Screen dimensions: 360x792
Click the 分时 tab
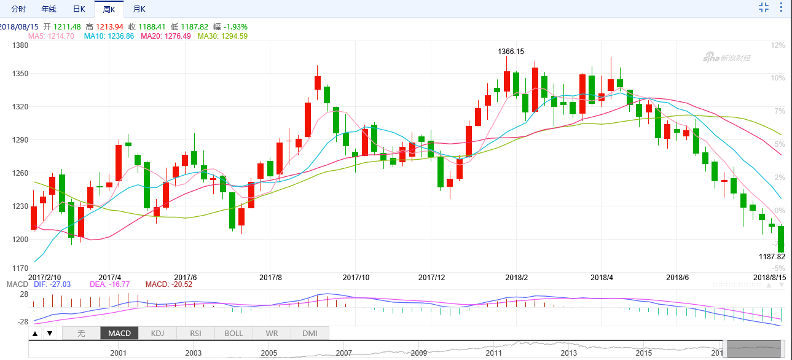click(x=18, y=9)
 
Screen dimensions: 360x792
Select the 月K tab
click(x=139, y=9)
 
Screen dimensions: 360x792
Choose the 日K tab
click(x=79, y=9)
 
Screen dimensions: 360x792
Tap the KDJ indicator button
click(x=158, y=334)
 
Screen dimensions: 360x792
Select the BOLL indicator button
click(x=233, y=334)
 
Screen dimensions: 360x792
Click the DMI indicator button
click(x=310, y=334)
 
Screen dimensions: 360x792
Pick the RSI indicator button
click(x=195, y=334)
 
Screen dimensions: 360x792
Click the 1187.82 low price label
click(x=772, y=256)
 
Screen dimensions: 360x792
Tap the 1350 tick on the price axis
click(x=20, y=74)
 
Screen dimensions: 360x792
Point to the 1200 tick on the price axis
click(x=20, y=240)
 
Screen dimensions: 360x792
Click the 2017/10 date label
click(x=355, y=278)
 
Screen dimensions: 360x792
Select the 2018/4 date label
click(x=602, y=278)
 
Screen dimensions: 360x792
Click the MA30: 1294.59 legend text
click(x=222, y=36)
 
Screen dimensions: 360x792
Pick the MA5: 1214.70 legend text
click(x=51, y=36)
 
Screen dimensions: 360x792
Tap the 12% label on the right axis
click(x=778, y=45)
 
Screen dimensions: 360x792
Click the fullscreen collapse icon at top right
click(x=764, y=7)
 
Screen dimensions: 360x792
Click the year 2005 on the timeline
click(x=269, y=353)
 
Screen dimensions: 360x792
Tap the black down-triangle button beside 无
click(x=50, y=334)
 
